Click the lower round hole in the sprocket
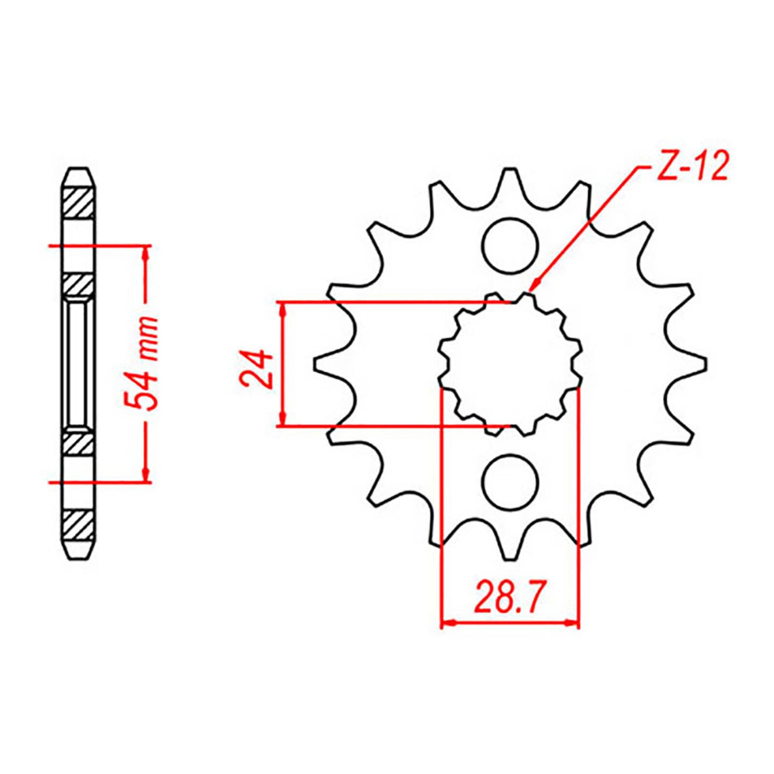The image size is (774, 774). [x=510, y=482]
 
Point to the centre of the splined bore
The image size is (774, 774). [x=510, y=363]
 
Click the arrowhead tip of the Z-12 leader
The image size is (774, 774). [x=530, y=290]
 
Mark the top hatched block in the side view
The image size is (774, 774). [x=79, y=203]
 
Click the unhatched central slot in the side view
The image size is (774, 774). [x=79, y=364]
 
